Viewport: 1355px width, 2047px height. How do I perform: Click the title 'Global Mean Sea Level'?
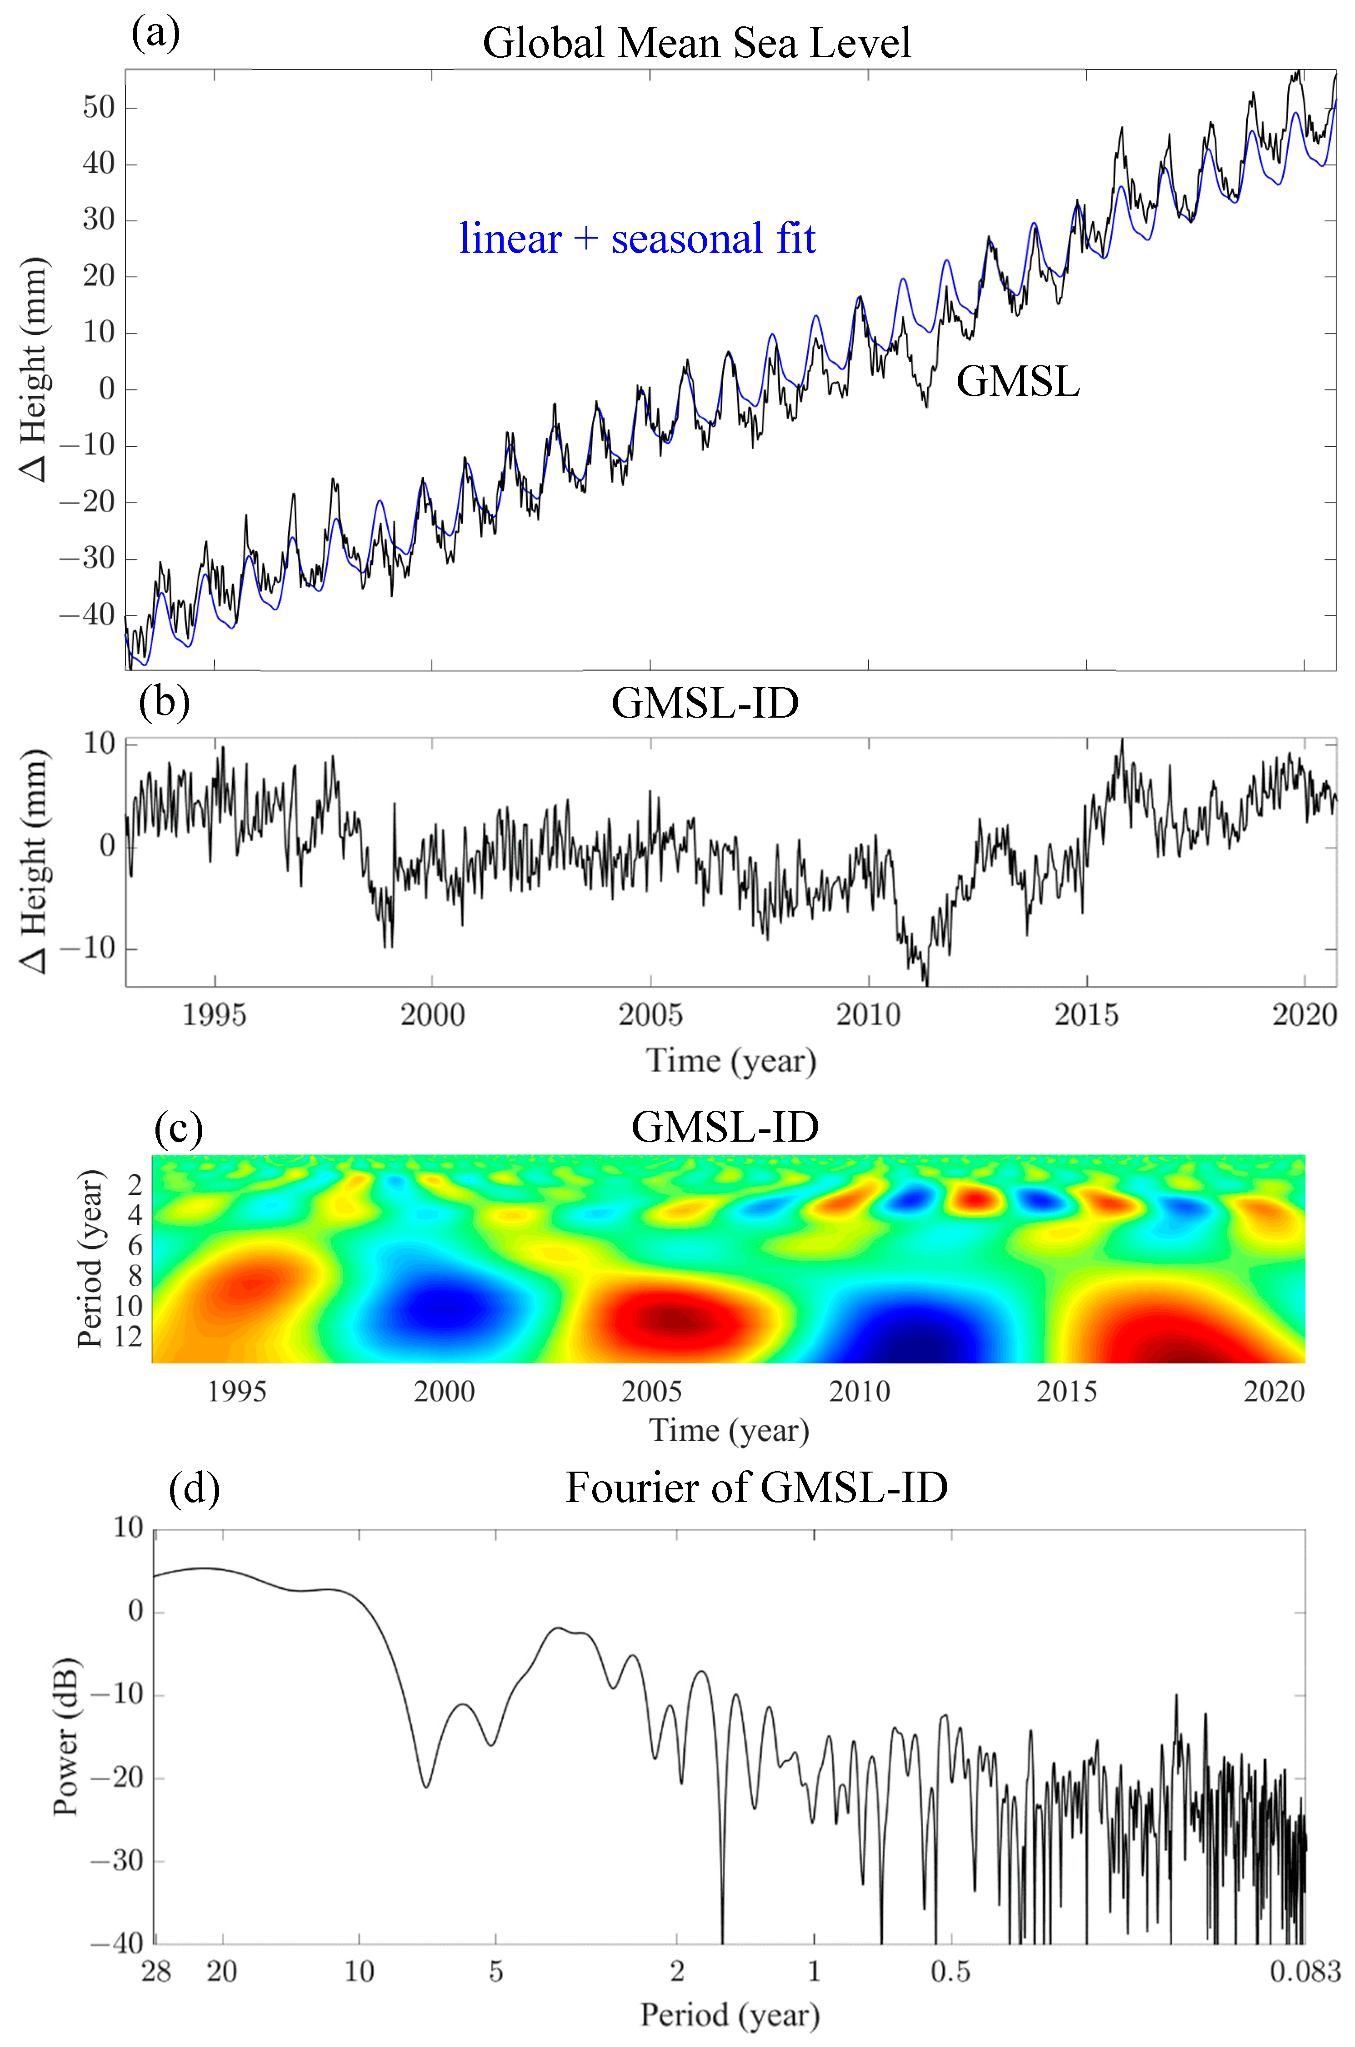tap(696, 42)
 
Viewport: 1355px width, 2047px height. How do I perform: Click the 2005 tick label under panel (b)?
tap(650, 1014)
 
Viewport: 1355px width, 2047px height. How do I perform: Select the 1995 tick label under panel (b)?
tap(214, 1014)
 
